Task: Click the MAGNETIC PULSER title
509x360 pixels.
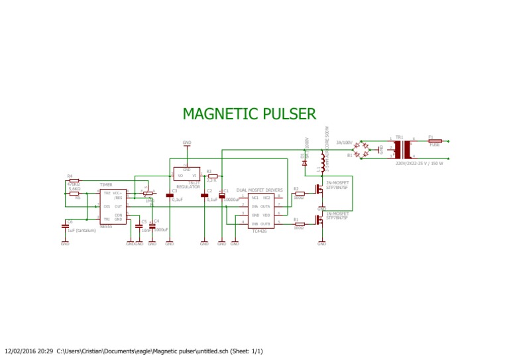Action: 249,114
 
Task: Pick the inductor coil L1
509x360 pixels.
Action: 323,162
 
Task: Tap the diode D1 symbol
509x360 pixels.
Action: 304,162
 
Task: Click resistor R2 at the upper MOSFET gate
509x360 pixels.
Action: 299,194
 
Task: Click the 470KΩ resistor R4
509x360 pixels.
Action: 74,180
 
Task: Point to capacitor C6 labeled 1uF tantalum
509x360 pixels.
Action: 65,226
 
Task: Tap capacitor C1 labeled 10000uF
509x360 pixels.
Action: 222,196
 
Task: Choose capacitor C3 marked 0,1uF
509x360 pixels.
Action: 169,196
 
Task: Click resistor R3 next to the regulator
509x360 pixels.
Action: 212,175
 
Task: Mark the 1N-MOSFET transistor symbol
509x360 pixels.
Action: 319,219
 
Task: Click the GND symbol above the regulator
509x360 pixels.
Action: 186,143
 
